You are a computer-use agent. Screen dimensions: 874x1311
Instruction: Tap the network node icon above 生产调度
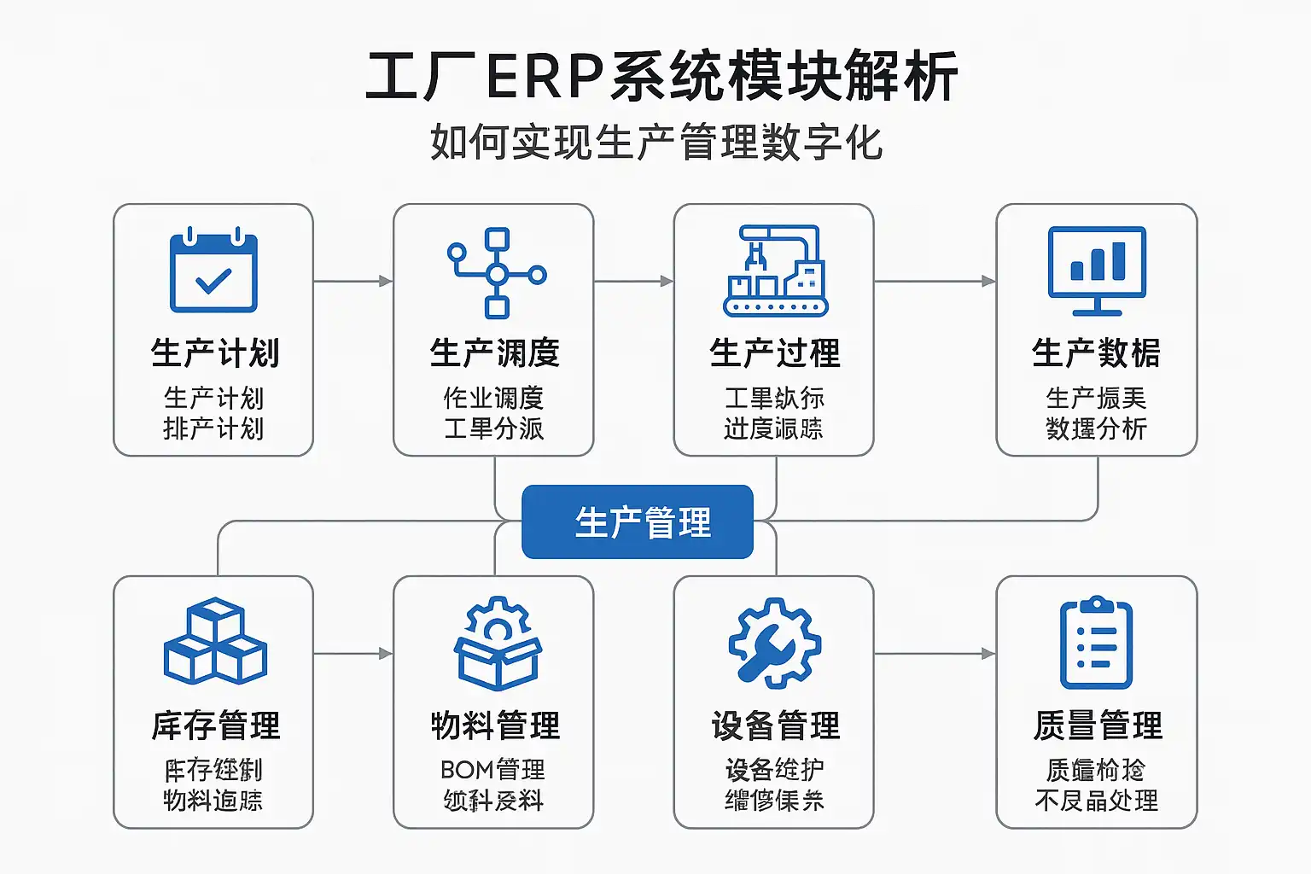[497, 273]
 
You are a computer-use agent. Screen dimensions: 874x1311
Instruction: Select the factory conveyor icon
[775, 271]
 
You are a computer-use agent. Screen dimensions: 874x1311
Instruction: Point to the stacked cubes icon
[215, 641]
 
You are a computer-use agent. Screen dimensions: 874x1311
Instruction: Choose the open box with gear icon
[498, 643]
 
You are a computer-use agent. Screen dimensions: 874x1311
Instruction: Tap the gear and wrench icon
[775, 643]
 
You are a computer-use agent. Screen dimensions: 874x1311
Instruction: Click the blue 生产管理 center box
[638, 522]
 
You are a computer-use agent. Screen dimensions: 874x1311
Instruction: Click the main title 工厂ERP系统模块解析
[661, 77]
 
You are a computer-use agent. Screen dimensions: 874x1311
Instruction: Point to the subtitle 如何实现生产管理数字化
[655, 142]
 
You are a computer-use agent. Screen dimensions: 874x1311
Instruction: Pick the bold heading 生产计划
[215, 353]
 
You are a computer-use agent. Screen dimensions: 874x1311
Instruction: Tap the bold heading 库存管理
[216, 725]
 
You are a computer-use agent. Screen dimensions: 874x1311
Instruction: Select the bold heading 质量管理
[1098, 725]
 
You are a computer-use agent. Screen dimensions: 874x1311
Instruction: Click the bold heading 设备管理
[776, 725]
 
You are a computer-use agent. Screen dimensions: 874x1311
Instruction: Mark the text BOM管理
[492, 770]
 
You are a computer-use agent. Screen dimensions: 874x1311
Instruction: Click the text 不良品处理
[1097, 801]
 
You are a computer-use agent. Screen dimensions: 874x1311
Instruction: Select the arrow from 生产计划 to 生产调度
[353, 281]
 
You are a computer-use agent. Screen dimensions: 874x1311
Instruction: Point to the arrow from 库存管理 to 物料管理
[353, 654]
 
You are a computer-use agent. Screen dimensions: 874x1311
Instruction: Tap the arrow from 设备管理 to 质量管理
[935, 654]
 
